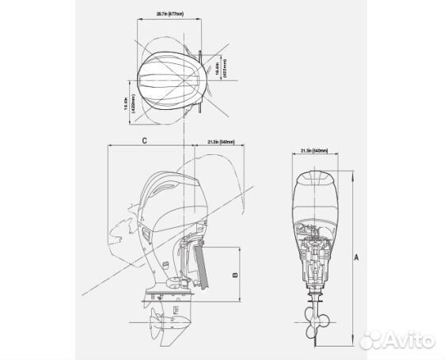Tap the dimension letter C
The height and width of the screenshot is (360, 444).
[143, 140]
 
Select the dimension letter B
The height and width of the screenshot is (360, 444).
[235, 274]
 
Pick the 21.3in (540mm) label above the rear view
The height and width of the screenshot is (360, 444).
[314, 148]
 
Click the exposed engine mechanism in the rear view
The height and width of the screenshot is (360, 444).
[316, 253]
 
